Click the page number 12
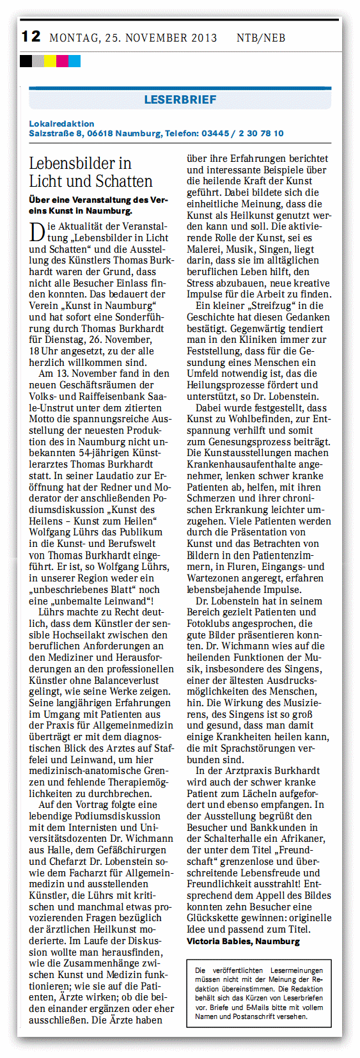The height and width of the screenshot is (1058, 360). pyautogui.click(x=31, y=36)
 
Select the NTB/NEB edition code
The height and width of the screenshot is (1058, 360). pyautogui.click(x=261, y=38)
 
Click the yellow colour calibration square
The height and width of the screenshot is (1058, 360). pyautogui.click(x=50, y=61)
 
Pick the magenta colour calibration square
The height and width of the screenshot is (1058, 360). pyautogui.click(x=62, y=61)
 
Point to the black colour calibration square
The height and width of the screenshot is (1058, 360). pyautogui.click(x=26, y=61)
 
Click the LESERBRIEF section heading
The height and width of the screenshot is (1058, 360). pyautogui.click(x=180, y=99)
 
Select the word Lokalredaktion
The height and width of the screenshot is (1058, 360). pyautogui.click(x=61, y=123)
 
